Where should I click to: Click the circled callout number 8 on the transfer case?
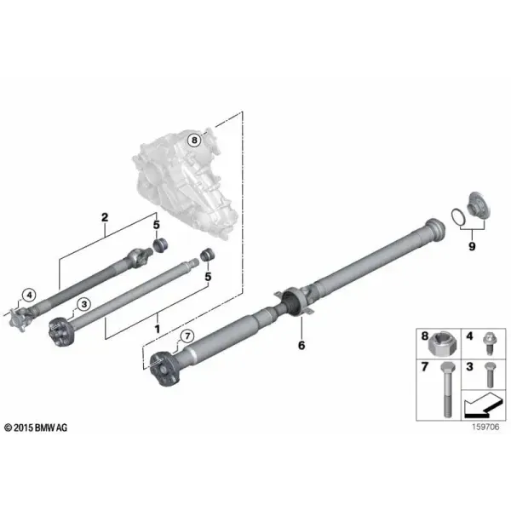[x=194, y=141]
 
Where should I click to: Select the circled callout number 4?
[x=30, y=296]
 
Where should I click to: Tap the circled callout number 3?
[x=84, y=304]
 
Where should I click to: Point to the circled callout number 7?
[x=187, y=336]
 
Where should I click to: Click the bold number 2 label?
[x=105, y=217]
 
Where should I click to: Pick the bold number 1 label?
[x=158, y=329]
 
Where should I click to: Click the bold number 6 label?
[x=301, y=345]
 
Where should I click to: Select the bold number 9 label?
[x=472, y=246]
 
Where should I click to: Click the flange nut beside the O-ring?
[x=479, y=205]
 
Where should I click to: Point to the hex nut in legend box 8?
[x=442, y=345]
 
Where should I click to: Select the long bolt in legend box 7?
[x=447, y=390]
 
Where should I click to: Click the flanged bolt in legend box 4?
[x=489, y=343]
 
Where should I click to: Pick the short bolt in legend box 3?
[x=489, y=375]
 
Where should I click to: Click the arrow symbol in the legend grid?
[x=483, y=405]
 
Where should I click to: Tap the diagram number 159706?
[x=485, y=428]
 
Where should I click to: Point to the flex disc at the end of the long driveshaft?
[x=165, y=370]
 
